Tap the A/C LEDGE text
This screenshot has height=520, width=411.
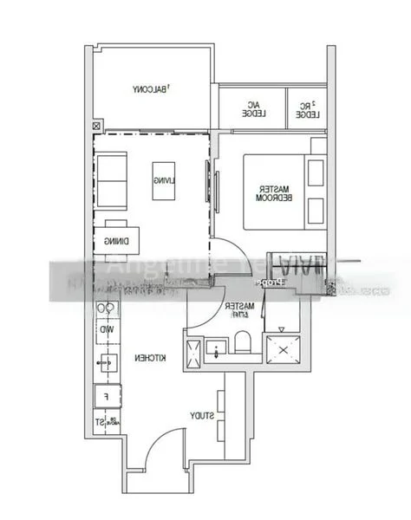click(251, 107)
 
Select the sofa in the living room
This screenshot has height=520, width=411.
click(110, 179)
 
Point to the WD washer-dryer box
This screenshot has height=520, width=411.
click(106, 329)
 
